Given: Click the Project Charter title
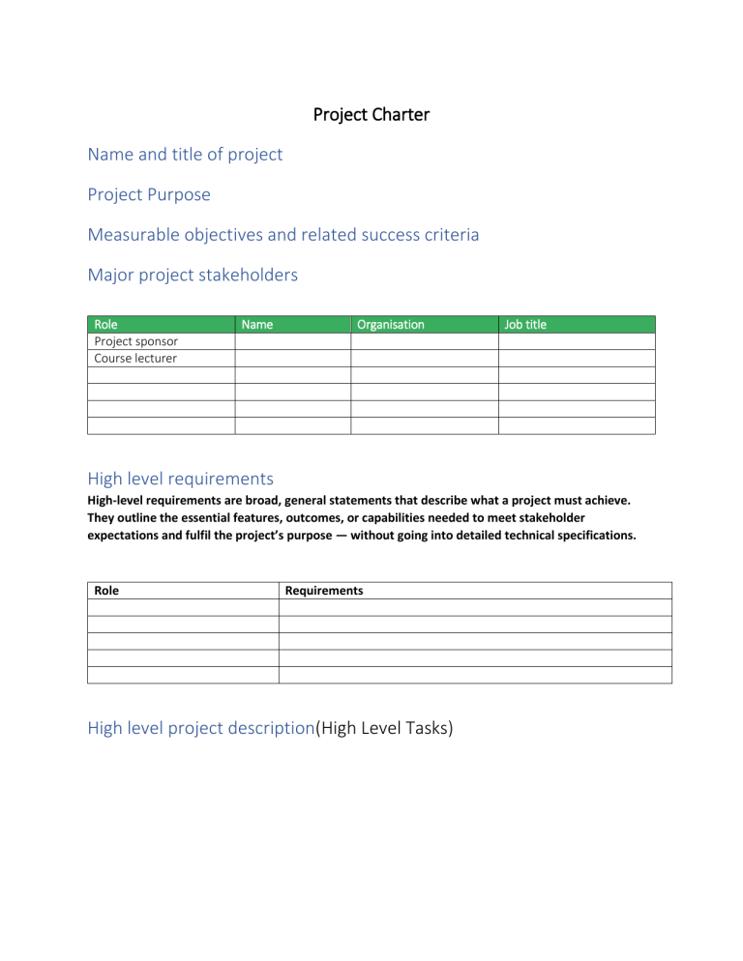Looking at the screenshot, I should pyautogui.click(x=371, y=115).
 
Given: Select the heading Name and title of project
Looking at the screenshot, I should pyautogui.click(x=185, y=154).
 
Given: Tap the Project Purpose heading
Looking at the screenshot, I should pyautogui.click(x=149, y=194).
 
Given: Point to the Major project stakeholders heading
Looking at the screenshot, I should pyautogui.click(x=193, y=276).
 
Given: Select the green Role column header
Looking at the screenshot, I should pyautogui.click(x=105, y=325).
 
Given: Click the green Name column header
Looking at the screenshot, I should pyautogui.click(x=256, y=325).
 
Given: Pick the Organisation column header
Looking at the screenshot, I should pyautogui.click(x=390, y=325).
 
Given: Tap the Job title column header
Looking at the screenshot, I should pyautogui.click(x=525, y=325).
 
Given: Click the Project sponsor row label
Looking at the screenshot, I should pyautogui.click(x=135, y=341).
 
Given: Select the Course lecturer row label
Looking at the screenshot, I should pyautogui.click(x=135, y=358).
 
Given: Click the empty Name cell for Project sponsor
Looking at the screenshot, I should pyautogui.click(x=292, y=341).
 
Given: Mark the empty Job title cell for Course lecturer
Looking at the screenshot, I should pyautogui.click(x=577, y=358).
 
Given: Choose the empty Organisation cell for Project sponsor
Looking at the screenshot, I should pyautogui.click(x=424, y=341).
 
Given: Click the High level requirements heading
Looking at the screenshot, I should pyautogui.click(x=181, y=479).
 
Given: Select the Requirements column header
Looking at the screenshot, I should pyautogui.click(x=324, y=590).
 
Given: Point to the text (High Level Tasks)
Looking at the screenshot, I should pyautogui.click(x=384, y=729).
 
